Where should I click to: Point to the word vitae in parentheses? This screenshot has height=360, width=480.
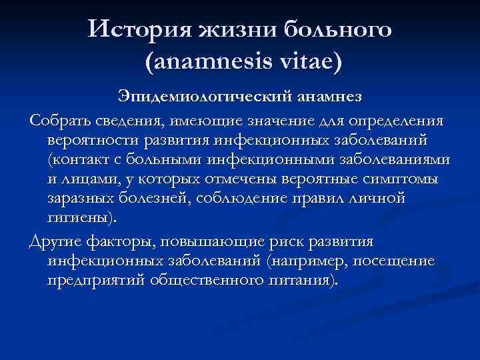pos(307,63)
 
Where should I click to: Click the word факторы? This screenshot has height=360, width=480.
pos(123,241)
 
